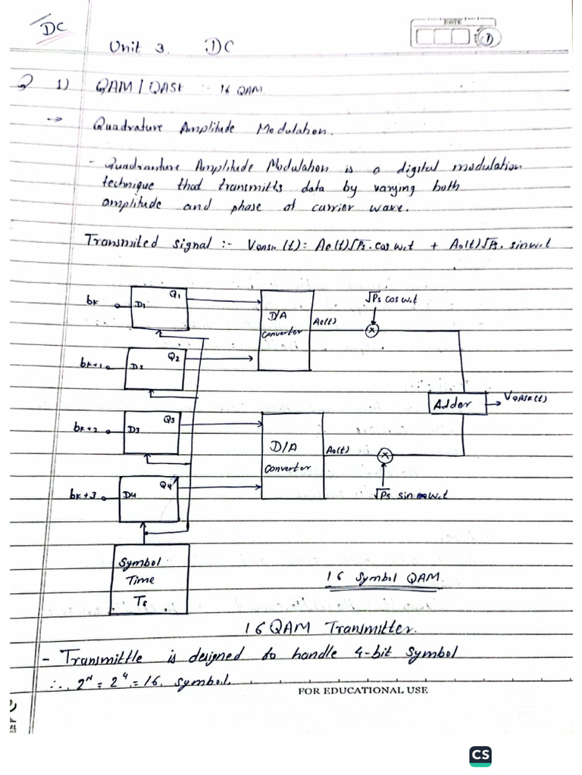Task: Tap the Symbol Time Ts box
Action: tap(150, 579)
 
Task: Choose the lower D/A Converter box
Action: tap(293, 456)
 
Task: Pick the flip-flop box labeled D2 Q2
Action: tap(154, 369)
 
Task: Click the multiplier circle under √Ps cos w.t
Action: tap(372, 330)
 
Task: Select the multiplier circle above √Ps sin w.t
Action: tap(385, 455)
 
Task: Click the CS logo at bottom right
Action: tap(480, 755)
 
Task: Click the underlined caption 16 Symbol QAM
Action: tap(383, 577)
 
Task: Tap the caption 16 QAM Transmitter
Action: tap(328, 627)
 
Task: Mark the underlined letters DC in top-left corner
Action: tap(54, 29)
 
